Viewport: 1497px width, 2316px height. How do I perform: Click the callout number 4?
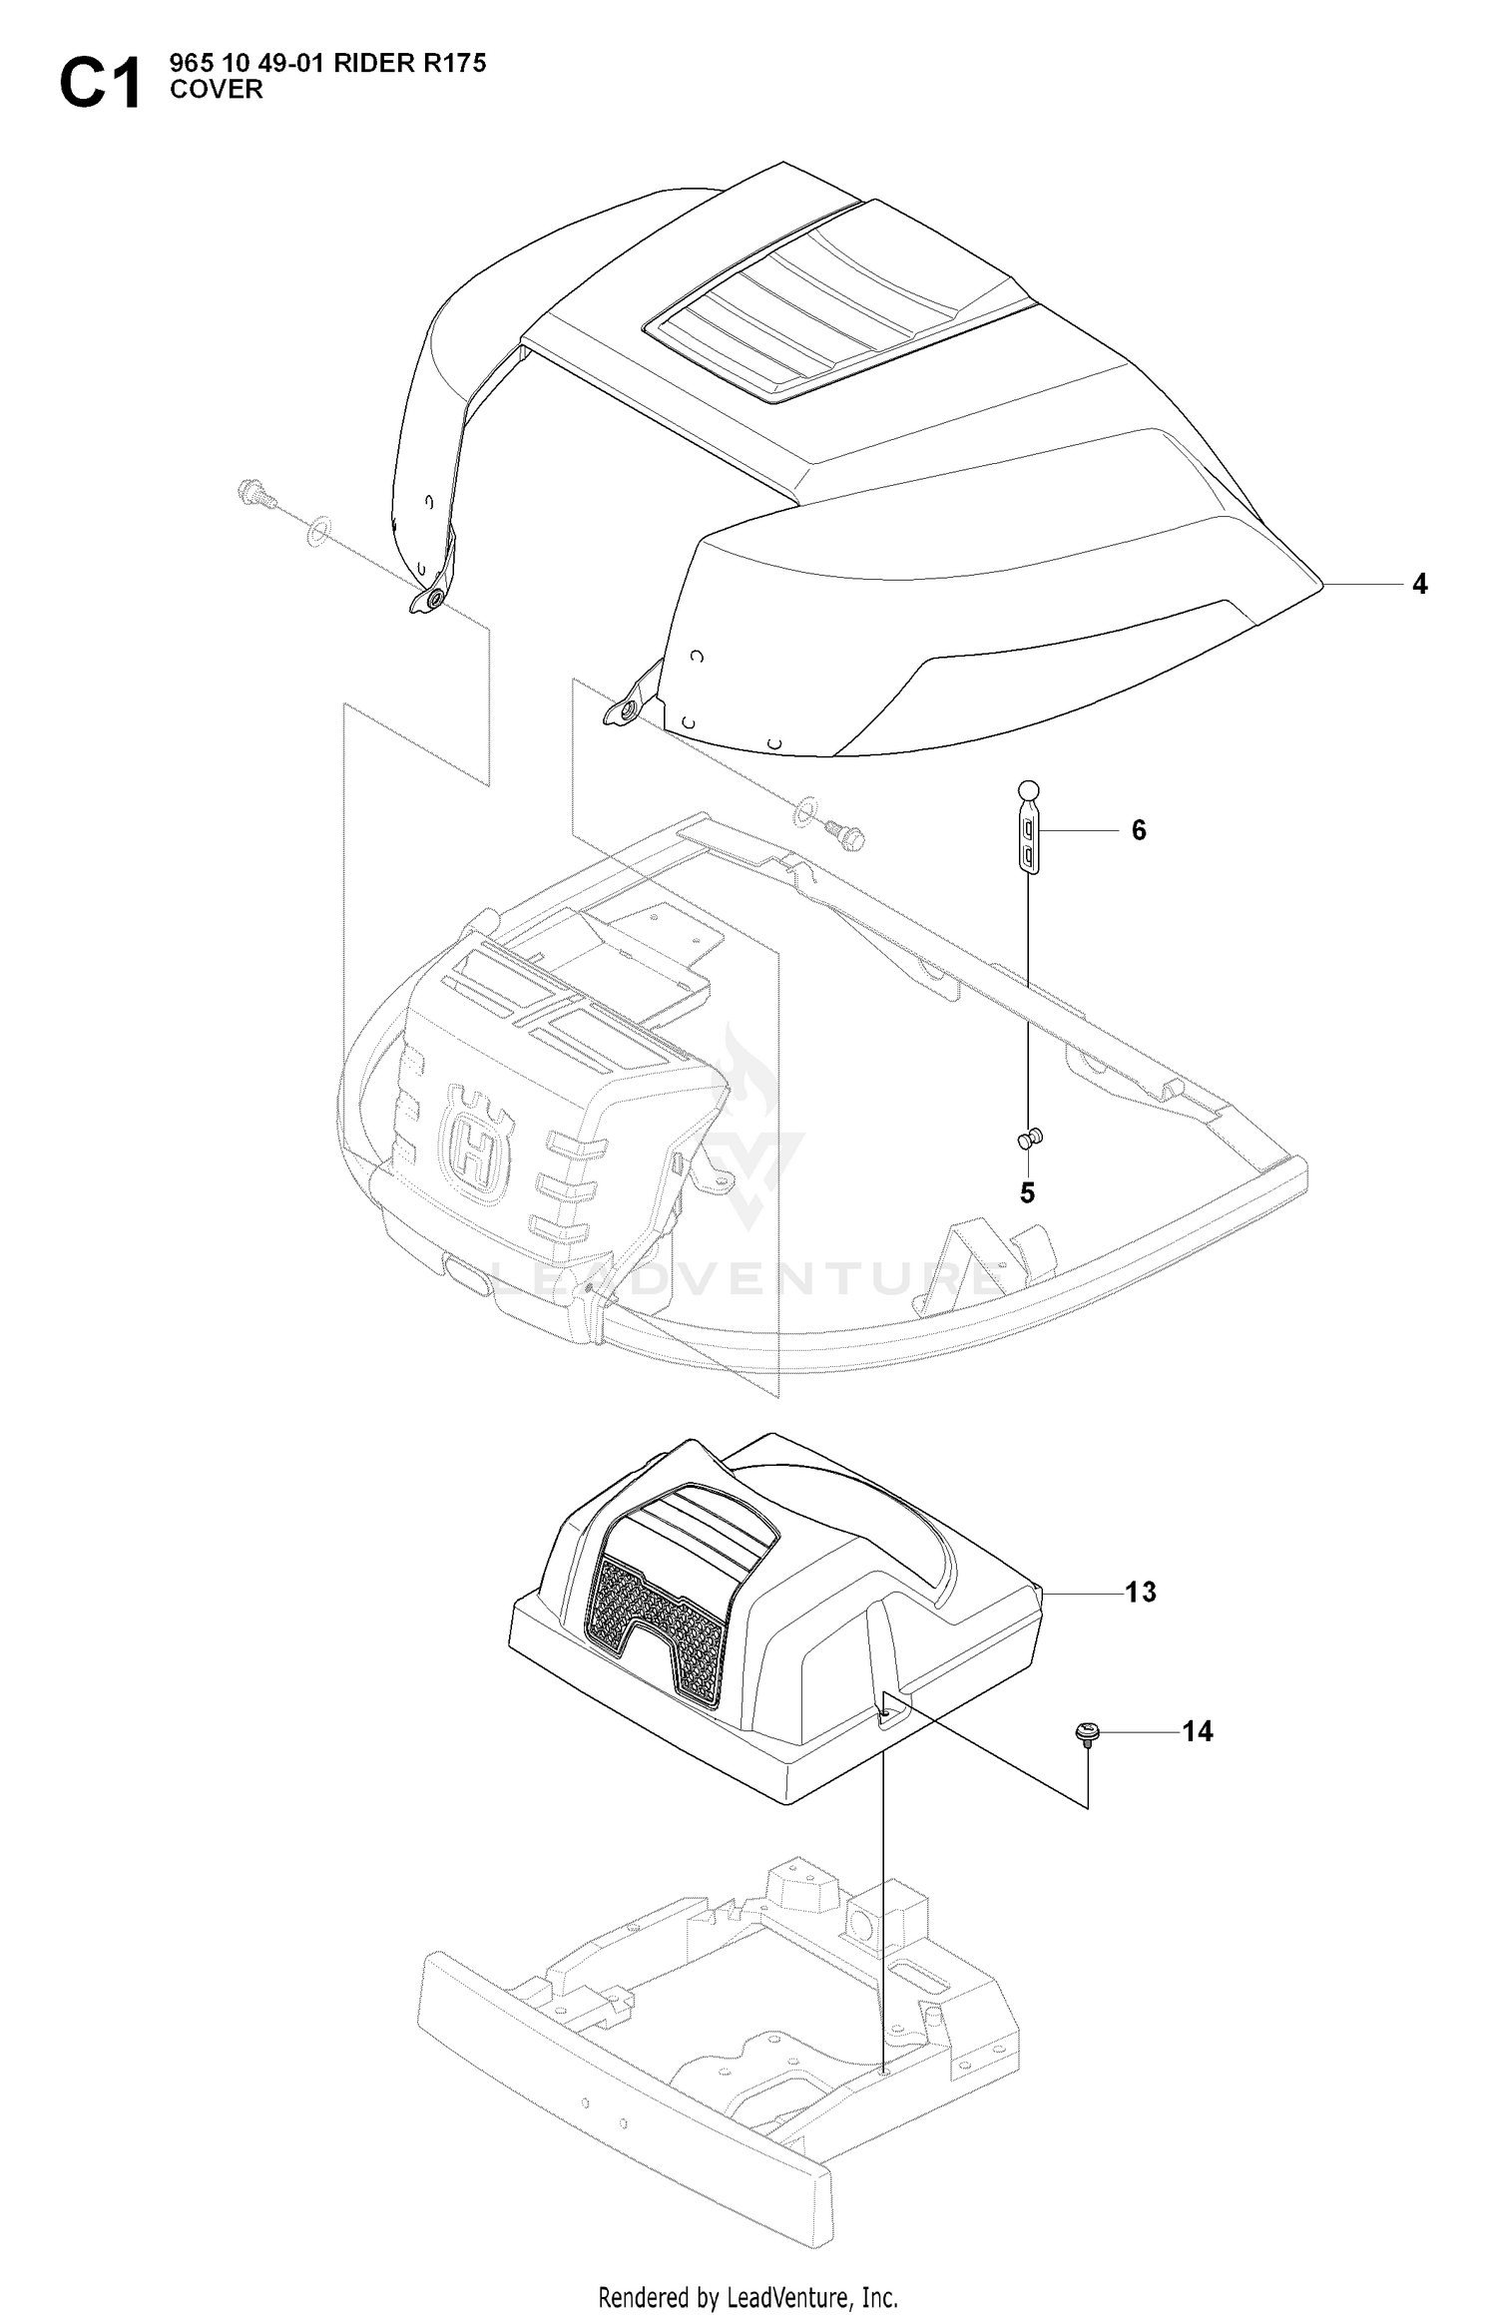point(1419,584)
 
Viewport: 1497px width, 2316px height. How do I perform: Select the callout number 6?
point(1139,830)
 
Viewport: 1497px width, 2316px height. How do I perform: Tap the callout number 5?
point(1027,1192)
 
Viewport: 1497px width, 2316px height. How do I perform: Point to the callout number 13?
point(1141,1592)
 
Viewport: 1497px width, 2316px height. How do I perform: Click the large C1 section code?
point(101,84)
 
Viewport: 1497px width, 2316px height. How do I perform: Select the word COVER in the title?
point(217,90)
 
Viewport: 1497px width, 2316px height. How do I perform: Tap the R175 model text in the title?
point(454,63)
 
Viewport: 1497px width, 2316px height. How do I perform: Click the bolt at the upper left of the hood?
point(255,493)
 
